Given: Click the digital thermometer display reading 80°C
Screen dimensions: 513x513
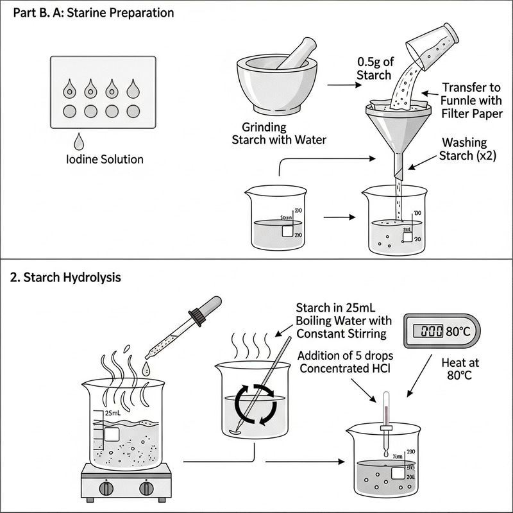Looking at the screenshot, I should (x=441, y=332).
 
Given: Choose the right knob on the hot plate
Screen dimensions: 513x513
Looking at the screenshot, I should (x=147, y=488).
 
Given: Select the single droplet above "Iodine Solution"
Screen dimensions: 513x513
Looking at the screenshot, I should (x=80, y=141).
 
